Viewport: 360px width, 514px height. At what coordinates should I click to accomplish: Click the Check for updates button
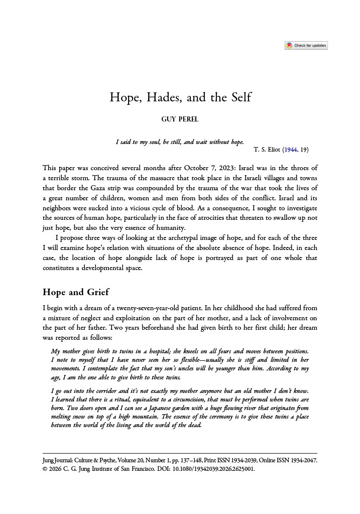306,45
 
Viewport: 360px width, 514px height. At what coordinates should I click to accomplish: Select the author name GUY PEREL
180,119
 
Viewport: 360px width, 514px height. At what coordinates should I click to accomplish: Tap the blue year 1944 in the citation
291,150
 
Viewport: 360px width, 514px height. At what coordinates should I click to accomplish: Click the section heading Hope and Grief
76,292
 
